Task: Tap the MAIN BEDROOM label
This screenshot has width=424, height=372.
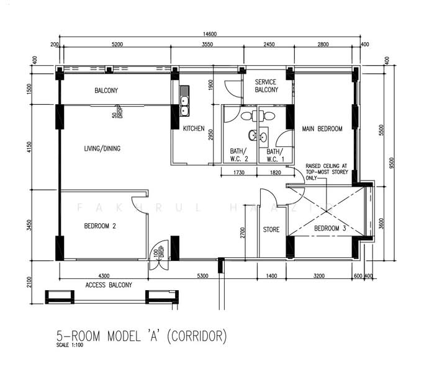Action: point(322,129)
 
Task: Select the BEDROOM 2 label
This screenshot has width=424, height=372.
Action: point(100,226)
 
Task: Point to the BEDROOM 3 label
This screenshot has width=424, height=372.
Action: point(329,229)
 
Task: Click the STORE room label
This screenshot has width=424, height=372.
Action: point(271,229)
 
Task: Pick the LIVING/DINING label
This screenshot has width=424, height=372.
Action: point(102,148)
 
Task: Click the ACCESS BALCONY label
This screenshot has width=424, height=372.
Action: point(109,285)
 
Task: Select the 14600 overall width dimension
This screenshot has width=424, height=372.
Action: point(207,33)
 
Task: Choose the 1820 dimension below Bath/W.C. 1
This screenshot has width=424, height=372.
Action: point(272,174)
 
